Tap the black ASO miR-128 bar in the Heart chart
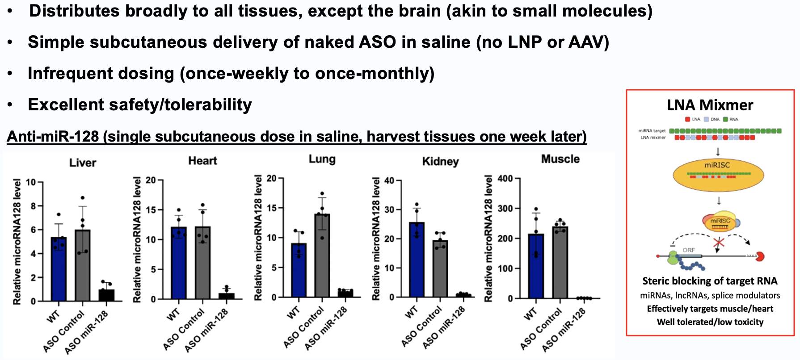227,296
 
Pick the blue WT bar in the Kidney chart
417,260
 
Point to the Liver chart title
83,163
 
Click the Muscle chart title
560,159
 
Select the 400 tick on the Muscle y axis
505,179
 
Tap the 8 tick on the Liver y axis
33,206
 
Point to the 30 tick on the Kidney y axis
389,209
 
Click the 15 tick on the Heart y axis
151,210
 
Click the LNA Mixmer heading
710,105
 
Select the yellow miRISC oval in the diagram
718,174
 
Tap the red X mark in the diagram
718,243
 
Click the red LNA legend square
687,119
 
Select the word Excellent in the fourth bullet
66,105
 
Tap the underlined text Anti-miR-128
53,136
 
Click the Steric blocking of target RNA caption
710,281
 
